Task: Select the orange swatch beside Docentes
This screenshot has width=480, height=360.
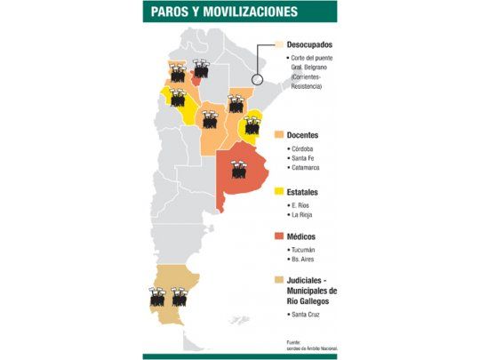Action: [278, 134]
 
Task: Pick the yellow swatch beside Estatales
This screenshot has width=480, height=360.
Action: [278, 191]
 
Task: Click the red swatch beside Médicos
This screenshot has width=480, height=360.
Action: [278, 236]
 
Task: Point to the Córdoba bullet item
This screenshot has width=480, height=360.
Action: [302, 148]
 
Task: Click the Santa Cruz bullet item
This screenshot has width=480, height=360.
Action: [306, 315]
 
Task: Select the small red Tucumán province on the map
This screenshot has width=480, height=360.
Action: [195, 79]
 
